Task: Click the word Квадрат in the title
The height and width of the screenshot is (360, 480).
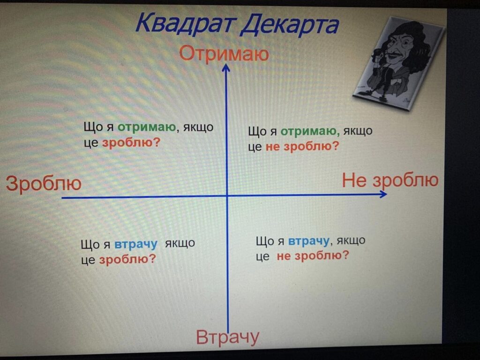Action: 186,23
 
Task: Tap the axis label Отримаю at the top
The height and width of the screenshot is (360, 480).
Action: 224,53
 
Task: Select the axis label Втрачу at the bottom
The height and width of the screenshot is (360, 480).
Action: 227,337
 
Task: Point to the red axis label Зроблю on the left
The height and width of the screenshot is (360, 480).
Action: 44,184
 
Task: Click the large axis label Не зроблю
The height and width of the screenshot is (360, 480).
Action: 390,180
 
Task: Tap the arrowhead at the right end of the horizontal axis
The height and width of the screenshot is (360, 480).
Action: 383,194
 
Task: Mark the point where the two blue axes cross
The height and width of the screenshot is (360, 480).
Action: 227,196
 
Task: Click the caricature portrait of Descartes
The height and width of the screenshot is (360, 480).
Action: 398,63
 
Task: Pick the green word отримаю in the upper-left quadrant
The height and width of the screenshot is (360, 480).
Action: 147,127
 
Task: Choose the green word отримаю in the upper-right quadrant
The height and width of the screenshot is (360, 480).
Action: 310,131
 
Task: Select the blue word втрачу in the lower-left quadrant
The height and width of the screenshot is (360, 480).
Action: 135,244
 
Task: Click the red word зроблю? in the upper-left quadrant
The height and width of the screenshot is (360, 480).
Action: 131,142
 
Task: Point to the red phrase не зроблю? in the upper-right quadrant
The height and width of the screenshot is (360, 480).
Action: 302,147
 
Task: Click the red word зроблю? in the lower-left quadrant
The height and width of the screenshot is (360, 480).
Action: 127,260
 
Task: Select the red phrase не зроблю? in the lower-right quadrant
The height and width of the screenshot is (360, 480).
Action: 313,255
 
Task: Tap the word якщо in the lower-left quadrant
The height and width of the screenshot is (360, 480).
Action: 180,244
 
